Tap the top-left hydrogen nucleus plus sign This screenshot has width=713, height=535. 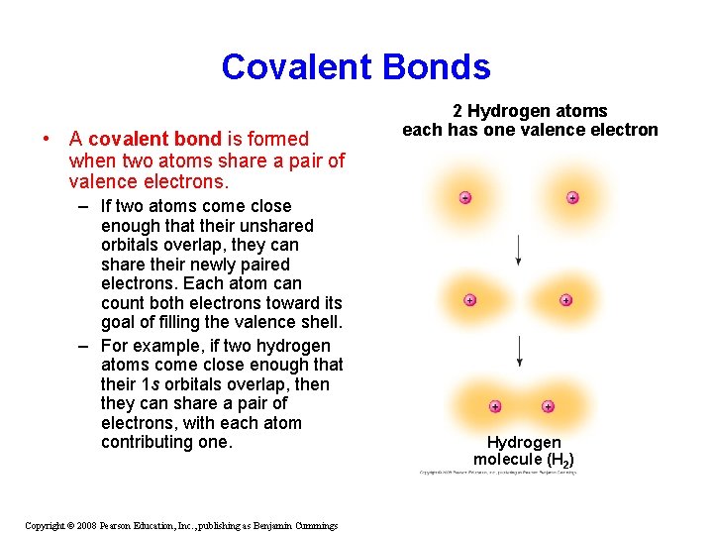pyautogui.click(x=464, y=197)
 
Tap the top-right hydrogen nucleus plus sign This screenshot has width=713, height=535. pyautogui.click(x=572, y=197)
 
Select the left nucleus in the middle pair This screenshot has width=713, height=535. pyautogui.click(x=469, y=299)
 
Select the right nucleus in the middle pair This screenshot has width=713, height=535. pyautogui.click(x=565, y=299)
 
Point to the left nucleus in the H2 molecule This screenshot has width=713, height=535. pyautogui.click(x=494, y=406)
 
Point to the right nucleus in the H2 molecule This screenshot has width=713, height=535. pyautogui.click(x=548, y=406)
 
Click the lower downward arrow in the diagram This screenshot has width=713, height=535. pyautogui.click(x=520, y=351)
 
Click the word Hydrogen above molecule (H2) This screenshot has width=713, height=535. pyautogui.click(x=524, y=442)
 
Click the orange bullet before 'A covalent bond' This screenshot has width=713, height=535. pyautogui.click(x=47, y=139)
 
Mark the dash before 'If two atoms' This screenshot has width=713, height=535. pyautogui.click(x=86, y=206)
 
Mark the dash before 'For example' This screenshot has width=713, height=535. pyautogui.click(x=86, y=346)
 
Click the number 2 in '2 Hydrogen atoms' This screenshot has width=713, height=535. pyautogui.click(x=458, y=111)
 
